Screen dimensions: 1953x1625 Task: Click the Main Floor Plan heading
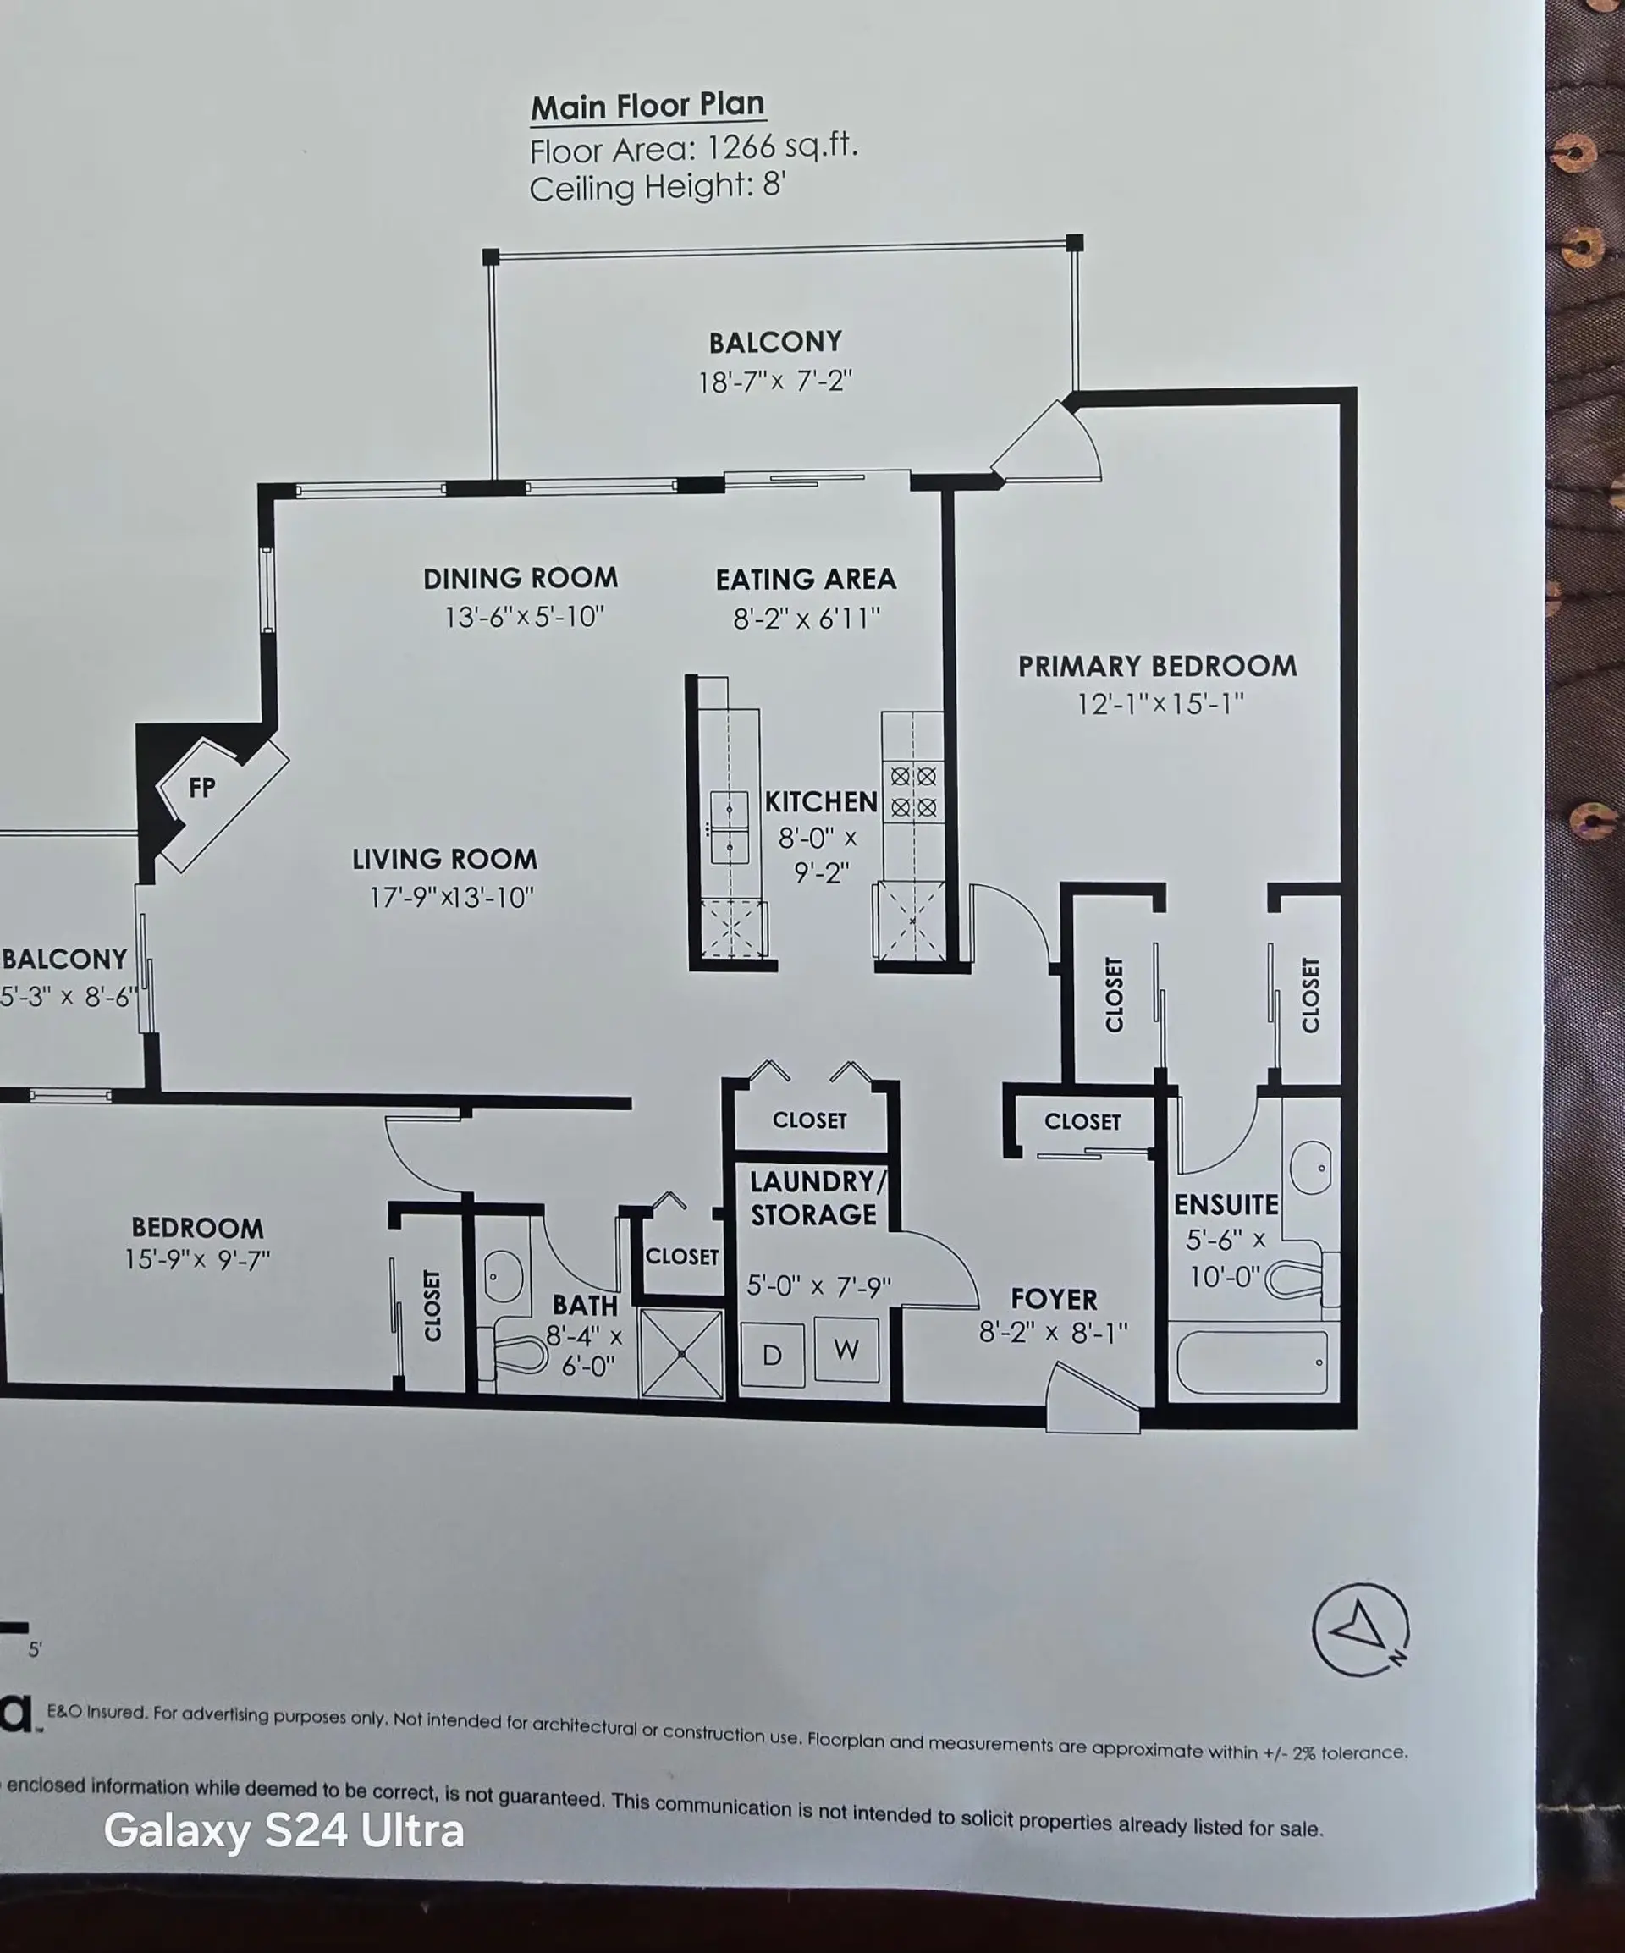click(x=647, y=106)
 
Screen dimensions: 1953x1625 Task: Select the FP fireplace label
click(x=201, y=788)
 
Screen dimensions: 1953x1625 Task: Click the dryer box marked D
click(x=772, y=1355)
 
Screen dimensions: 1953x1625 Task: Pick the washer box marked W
click(x=846, y=1349)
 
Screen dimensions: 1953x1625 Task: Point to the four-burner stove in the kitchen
click(x=912, y=791)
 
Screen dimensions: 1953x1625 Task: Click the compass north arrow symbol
click(x=1360, y=1630)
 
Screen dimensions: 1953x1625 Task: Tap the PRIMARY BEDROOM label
click(x=1156, y=666)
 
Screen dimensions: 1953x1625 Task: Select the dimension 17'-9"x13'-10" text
click(x=451, y=898)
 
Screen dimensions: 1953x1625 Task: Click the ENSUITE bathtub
click(x=1252, y=1362)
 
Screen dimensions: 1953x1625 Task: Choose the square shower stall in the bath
click(x=682, y=1353)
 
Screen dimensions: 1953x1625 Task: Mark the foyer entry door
click(x=1093, y=1400)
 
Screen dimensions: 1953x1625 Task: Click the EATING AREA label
click(x=806, y=580)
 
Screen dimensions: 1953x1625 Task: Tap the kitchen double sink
click(x=730, y=828)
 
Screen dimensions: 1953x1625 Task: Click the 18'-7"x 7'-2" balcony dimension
click(x=774, y=382)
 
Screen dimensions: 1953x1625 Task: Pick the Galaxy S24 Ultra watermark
click(x=284, y=1830)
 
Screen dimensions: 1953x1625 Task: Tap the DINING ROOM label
click(x=520, y=579)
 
